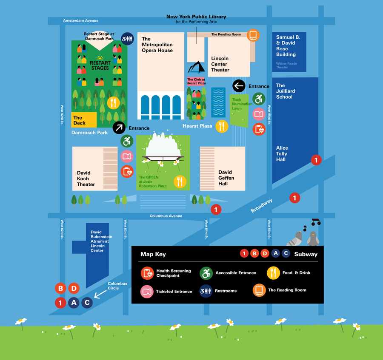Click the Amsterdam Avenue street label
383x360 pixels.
80,20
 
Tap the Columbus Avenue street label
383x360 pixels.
166,216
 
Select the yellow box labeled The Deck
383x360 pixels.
84,120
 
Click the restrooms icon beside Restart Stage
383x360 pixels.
127,39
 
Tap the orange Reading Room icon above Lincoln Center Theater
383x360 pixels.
253,35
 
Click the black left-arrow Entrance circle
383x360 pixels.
239,86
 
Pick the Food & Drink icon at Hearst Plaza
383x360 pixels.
222,126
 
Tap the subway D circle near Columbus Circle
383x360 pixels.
74,289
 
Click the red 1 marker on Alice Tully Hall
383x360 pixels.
316,160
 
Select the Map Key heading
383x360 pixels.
153,254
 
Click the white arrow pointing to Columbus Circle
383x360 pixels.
100,294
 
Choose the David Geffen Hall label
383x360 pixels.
226,178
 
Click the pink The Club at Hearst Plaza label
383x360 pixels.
196,81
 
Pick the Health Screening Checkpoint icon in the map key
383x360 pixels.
147,273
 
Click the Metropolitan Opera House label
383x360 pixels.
157,45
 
